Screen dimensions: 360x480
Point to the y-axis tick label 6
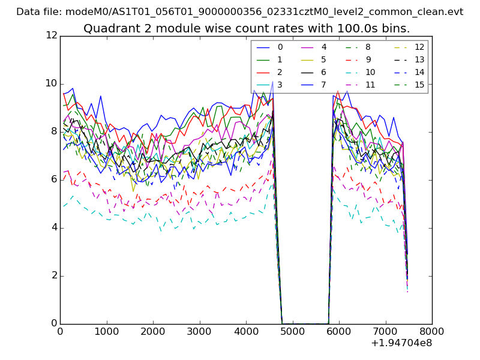pos(53,179)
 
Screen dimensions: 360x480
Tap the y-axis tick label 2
pos(53,275)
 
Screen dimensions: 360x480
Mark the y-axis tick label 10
pos(50,83)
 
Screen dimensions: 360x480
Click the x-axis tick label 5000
pos(292,331)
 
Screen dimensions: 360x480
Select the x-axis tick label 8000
pos(432,331)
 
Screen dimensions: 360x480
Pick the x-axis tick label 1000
pos(106,331)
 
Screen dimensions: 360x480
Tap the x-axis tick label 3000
pos(199,331)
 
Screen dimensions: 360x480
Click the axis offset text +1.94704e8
pos(401,343)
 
